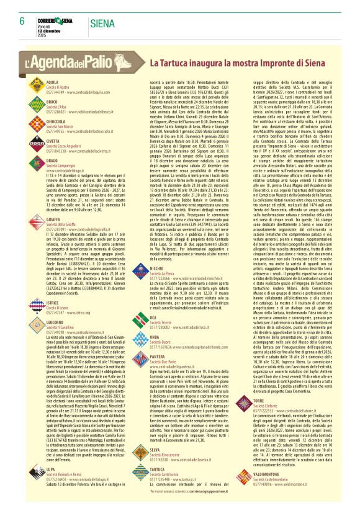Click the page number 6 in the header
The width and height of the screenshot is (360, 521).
21,20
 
